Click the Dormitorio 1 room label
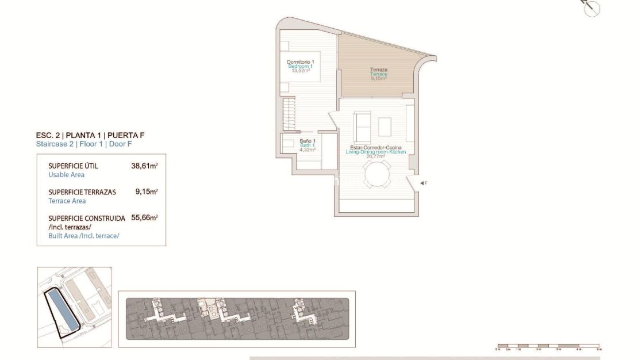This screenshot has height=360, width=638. tap(301, 62)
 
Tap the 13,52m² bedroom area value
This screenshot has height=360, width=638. tap(301, 71)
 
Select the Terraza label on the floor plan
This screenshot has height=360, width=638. tap(378, 70)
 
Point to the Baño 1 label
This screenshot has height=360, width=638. tap(308, 141)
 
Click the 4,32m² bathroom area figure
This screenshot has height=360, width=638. tap(308, 150)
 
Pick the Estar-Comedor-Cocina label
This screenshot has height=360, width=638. tap(375, 148)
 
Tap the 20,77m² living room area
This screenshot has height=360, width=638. tap(375, 156)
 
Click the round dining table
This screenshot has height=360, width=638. tap(378, 174)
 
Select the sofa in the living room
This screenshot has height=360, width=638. tap(362, 127)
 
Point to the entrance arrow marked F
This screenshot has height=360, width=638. tap(423, 183)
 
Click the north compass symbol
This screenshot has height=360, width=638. tap(591, 8)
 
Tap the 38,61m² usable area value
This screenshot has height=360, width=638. tap(144, 166)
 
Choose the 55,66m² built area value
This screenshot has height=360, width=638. tap(144, 218)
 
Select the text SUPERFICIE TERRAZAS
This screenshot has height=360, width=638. tap(82, 192)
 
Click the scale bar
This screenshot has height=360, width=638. tap(548, 346)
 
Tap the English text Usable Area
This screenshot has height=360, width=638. tap(67, 175)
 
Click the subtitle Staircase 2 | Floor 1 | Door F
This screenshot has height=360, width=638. tap(84, 144)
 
